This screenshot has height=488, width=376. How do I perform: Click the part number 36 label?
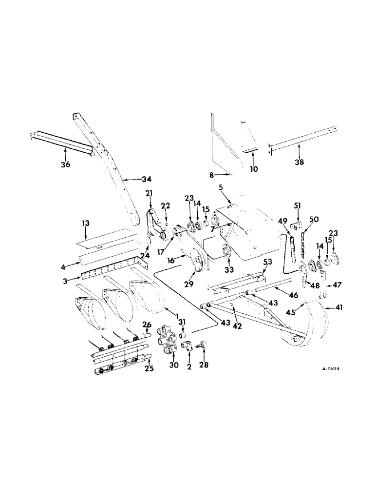point(65,164)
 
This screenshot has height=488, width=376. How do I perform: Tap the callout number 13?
point(85,223)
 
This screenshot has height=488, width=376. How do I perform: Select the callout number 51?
point(297,205)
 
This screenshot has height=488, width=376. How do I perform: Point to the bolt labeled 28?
point(201,346)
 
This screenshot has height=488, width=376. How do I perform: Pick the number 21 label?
point(150,193)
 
